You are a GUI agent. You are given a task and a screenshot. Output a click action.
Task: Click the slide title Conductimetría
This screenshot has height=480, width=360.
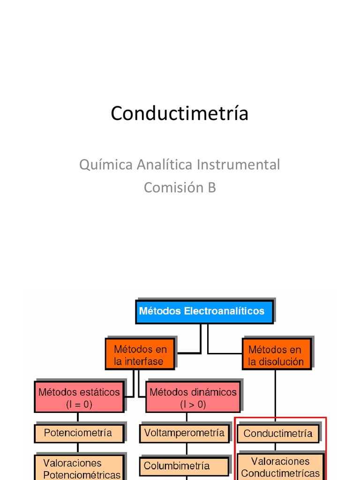[180, 113]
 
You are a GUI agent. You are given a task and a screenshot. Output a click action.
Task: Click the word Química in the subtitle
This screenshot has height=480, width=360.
[106, 165]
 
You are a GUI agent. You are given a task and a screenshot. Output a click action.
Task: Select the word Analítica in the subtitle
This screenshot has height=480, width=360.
[165, 165]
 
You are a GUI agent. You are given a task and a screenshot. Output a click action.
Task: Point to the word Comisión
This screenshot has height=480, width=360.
[171, 187]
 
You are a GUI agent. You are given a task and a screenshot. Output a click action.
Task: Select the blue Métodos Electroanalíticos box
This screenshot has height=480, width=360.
[204, 311]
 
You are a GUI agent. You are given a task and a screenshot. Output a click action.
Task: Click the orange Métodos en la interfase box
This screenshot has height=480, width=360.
[140, 355]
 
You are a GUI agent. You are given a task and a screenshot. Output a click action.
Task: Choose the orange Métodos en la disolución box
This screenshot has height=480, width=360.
[276, 355]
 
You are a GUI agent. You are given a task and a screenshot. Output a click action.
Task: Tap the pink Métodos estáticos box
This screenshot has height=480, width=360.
[79, 397]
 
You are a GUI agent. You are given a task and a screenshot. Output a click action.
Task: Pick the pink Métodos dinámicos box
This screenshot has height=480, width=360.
[193, 397]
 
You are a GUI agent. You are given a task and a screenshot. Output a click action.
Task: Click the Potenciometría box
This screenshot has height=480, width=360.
[79, 433]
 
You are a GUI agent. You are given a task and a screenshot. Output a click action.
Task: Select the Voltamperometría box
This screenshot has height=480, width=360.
[184, 433]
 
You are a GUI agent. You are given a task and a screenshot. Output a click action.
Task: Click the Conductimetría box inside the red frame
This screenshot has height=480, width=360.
[278, 434]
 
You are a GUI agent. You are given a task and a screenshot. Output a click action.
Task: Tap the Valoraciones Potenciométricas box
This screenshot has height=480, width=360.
[79, 468]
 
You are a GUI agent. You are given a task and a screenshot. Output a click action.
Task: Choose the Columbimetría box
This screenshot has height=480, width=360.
[184, 466]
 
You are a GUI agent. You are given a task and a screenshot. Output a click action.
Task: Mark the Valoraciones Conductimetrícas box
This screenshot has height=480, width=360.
[280, 467]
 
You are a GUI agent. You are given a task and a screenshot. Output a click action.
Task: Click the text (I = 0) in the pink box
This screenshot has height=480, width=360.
[79, 404]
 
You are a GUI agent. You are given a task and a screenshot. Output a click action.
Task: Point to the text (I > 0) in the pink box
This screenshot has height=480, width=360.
[193, 404]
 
